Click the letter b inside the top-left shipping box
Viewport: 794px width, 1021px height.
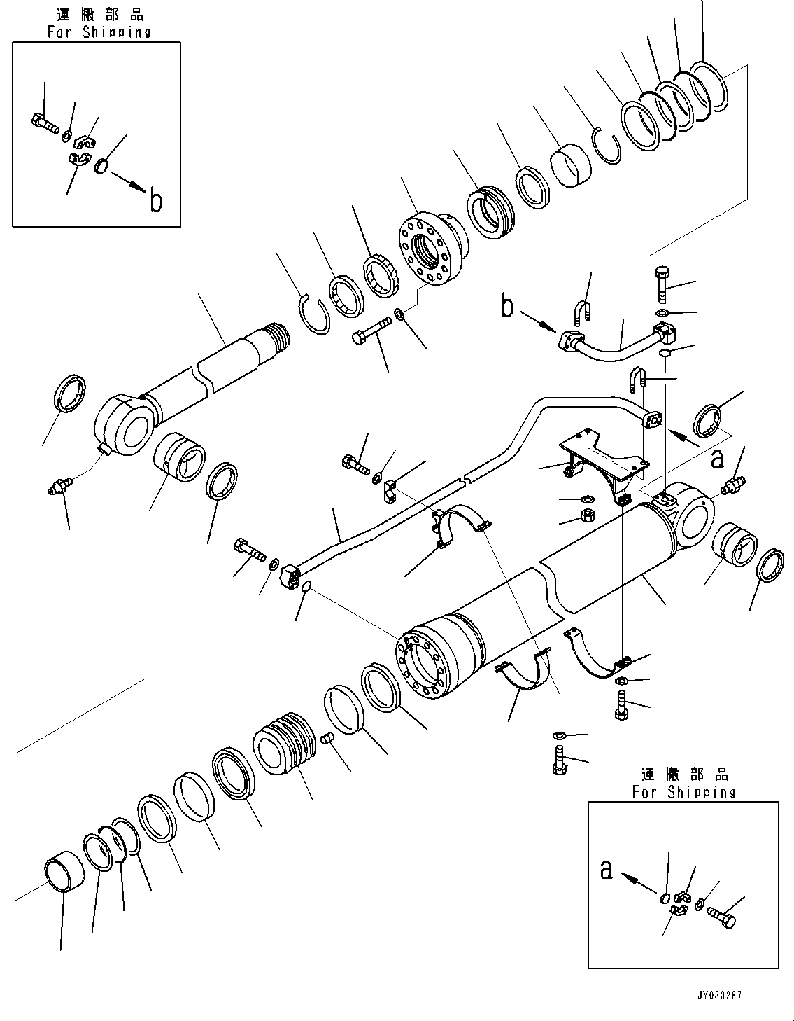pos(156,200)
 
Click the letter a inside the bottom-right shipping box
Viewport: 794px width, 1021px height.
pos(608,869)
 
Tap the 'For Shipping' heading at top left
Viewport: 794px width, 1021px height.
pos(99,32)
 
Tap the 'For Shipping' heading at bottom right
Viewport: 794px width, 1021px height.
pos(683,792)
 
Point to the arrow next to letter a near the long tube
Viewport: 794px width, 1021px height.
pos(683,439)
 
